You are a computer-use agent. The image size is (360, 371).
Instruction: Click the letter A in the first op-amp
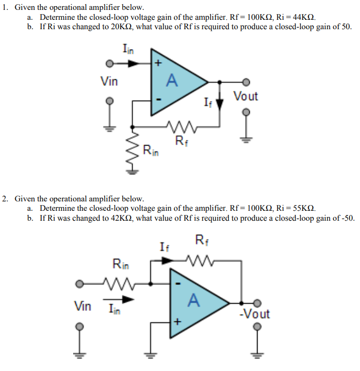(171, 80)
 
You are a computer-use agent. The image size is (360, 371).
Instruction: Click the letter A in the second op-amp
(193, 300)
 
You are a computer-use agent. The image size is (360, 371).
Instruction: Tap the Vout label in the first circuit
(245, 96)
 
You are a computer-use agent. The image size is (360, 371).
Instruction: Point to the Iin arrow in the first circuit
(134, 63)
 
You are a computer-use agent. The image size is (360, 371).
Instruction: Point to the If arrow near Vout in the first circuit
(219, 103)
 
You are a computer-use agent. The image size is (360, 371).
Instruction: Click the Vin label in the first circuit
(109, 81)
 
